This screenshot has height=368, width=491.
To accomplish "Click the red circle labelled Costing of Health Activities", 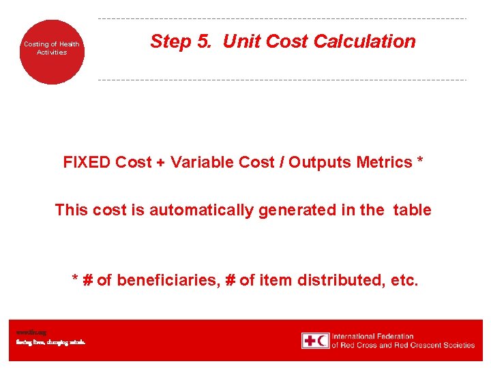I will pyautogui.click(x=52, y=52).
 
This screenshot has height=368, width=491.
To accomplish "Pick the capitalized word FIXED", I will pyautogui.click(x=87, y=162).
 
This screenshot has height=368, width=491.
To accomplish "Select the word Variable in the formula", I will pyautogui.click(x=199, y=162).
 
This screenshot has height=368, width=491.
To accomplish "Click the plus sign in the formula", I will pyautogui.click(x=164, y=162).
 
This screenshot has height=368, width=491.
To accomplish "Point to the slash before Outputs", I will pyautogui.click(x=281, y=162).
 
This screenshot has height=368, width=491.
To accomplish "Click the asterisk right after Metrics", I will pyautogui.click(x=420, y=162).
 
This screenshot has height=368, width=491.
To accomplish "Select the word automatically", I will pyautogui.click(x=202, y=210).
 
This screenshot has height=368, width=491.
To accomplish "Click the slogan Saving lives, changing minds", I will pyautogui.click(x=50, y=342).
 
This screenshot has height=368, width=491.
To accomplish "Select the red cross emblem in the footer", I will pyautogui.click(x=310, y=341).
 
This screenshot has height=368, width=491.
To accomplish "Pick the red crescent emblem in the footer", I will pyautogui.click(x=322, y=341).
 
